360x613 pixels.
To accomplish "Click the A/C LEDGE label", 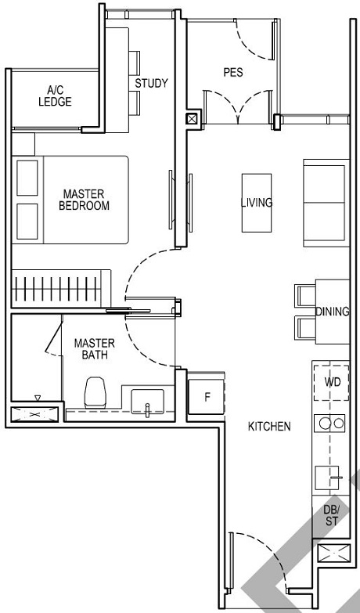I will (x=55, y=96).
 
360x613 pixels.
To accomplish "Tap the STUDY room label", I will (x=150, y=83).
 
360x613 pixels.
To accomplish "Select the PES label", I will (x=232, y=73).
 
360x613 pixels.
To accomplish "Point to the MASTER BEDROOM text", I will (x=84, y=200).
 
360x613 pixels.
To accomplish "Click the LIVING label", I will (x=256, y=203).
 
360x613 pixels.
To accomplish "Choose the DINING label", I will (x=332, y=312).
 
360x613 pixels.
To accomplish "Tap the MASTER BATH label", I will (x=94, y=349).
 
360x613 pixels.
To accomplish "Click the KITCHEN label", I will (x=269, y=427).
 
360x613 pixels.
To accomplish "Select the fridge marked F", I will (x=207, y=396).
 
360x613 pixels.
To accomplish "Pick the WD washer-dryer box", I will (x=331, y=382).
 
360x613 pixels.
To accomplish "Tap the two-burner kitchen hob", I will (x=330, y=424).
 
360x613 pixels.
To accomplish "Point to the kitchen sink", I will (x=329, y=475).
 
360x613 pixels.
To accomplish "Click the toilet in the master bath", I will (x=95, y=392).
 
